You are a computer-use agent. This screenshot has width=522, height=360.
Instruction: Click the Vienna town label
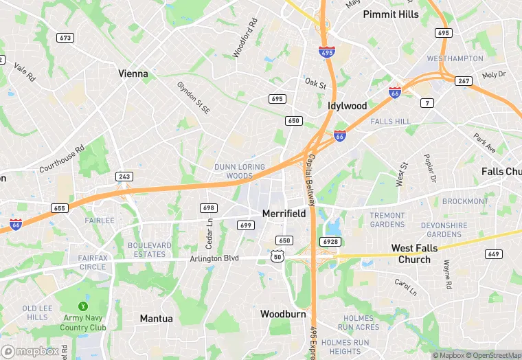point(133,74)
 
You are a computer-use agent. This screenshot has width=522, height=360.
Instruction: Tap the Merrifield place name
point(284,214)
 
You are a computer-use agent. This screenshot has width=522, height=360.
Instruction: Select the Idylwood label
point(347,106)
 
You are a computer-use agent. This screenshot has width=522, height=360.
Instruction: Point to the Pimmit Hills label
point(391,14)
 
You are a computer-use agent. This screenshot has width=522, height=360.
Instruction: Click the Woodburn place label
point(282,314)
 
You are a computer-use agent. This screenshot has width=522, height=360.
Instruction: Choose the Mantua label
point(157,318)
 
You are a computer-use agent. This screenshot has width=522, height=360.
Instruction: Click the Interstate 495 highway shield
point(327,52)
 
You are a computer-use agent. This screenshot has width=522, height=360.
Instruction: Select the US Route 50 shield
point(277,256)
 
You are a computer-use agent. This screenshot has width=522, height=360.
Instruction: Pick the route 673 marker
point(66,38)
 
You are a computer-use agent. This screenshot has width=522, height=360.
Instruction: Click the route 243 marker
point(124,177)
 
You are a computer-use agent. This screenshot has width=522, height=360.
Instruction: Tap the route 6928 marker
point(329,241)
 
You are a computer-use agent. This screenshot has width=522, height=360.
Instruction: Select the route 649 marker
point(492,254)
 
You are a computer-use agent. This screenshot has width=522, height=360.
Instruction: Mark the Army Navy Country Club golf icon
point(84,306)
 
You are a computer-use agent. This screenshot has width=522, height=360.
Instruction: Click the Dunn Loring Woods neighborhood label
point(234,171)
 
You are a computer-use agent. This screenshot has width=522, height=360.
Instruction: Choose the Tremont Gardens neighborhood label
point(387,220)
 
